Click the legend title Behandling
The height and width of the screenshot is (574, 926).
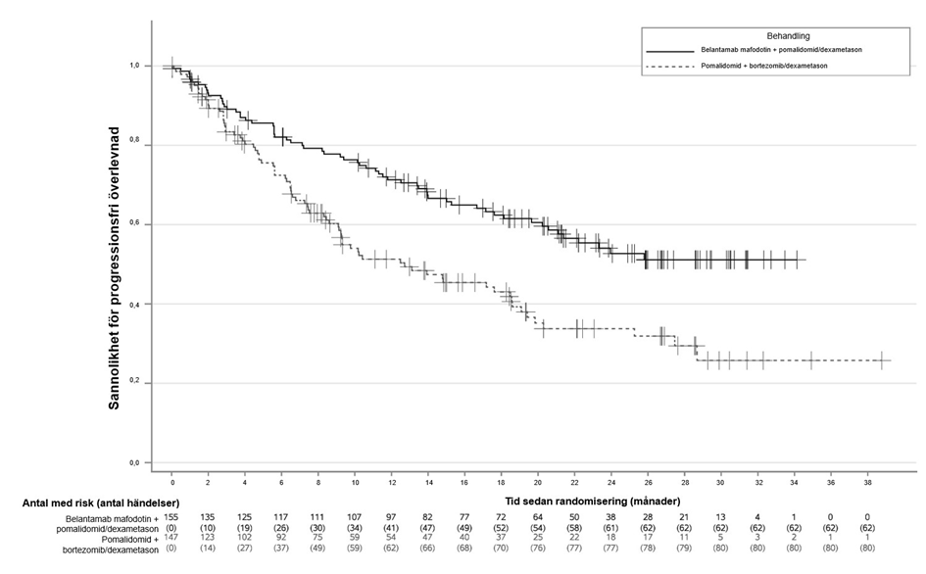768,36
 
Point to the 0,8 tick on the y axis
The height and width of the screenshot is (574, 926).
134,145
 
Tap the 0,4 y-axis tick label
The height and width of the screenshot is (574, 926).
134,304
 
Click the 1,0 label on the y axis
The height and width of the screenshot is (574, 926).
134,66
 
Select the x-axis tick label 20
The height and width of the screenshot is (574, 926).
538,482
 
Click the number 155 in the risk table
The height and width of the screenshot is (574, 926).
172,517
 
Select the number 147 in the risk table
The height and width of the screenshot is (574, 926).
172,538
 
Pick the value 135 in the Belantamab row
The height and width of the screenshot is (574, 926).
209,517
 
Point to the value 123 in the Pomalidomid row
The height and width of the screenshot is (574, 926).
209,538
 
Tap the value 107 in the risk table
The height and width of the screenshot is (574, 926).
355,517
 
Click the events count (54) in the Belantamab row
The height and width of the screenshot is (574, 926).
538,527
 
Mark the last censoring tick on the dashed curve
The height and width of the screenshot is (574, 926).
882,360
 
